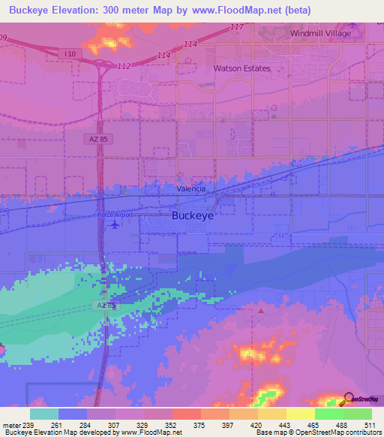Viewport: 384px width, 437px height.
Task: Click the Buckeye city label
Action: point(193,215)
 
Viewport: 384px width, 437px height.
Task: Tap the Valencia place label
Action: point(191,189)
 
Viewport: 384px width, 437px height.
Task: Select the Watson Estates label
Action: point(241,68)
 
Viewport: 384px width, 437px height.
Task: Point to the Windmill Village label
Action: point(322,35)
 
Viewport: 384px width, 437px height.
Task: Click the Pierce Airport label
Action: point(115,215)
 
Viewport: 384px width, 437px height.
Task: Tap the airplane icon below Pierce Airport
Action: point(115,226)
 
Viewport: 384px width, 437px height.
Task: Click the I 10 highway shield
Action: point(70,53)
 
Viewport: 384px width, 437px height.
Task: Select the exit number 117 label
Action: point(237,28)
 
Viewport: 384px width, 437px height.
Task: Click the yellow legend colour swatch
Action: point(300,414)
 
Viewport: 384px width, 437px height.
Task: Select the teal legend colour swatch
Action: point(44,414)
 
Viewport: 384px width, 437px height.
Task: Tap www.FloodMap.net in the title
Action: point(234,11)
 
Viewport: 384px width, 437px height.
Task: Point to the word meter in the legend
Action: point(12,424)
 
